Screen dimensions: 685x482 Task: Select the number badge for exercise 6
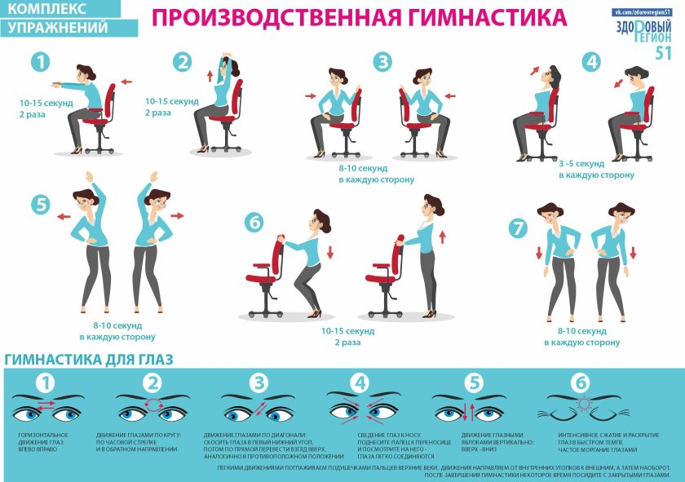[x=255, y=222]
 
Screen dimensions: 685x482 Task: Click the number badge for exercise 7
[x=518, y=228]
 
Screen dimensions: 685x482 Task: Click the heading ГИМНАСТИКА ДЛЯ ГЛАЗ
[x=89, y=360]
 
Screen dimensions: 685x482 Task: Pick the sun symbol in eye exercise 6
[x=582, y=404]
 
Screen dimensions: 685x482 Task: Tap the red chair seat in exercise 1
[x=97, y=124]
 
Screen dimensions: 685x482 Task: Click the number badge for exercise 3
[x=382, y=62]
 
